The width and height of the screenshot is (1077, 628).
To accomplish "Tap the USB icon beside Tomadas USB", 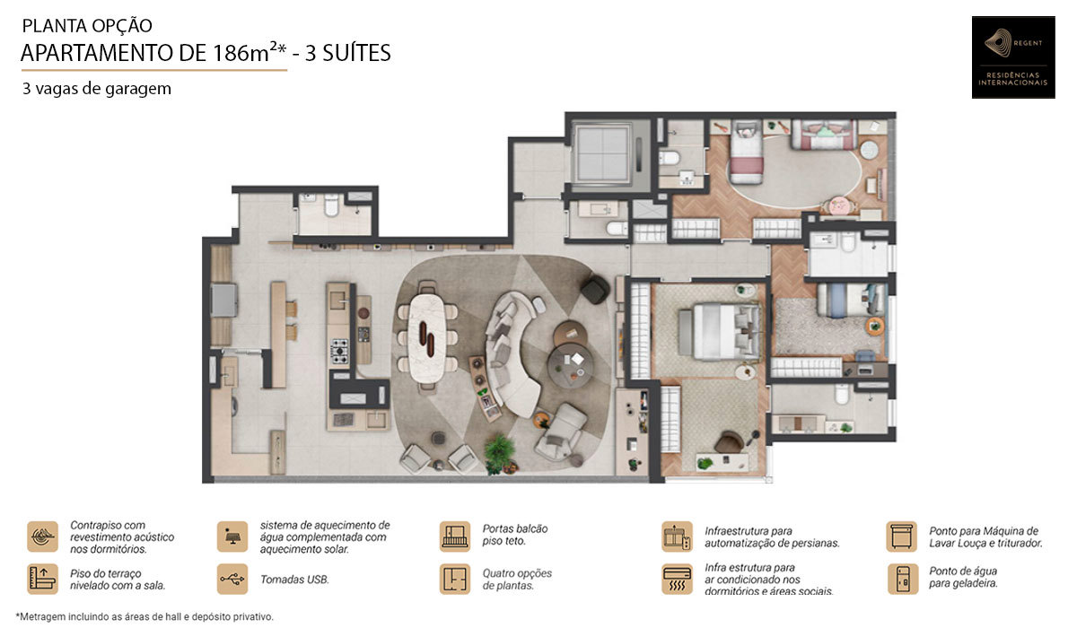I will [232, 579].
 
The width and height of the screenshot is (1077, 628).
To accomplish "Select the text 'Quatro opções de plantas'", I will [516, 579].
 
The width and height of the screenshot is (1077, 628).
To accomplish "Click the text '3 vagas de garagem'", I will [97, 89].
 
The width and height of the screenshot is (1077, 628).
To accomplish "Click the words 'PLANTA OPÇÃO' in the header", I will [87, 26].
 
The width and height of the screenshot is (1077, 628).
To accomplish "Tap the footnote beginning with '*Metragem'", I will [144, 616].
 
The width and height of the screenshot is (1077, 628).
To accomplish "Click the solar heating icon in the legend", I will [232, 536].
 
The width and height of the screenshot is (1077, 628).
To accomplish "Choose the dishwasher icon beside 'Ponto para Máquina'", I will [900, 536].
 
